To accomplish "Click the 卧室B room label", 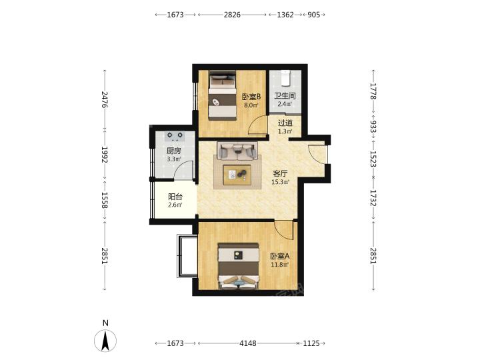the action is [x=251, y=97].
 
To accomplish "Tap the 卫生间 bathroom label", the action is [x=285, y=96].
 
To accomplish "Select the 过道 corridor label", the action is [x=285, y=123].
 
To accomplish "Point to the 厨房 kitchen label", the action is [x=173, y=151].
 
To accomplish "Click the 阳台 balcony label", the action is [x=175, y=197].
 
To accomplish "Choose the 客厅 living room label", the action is [x=280, y=173].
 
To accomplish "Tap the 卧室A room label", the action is [x=280, y=256].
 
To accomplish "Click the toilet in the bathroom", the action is [x=285, y=78].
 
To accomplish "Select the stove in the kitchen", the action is [x=175, y=136].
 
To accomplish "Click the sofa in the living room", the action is [x=237, y=151].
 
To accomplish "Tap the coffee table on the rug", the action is [x=237, y=175].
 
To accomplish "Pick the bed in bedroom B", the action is [x=223, y=96].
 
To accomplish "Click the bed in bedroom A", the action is [x=239, y=266].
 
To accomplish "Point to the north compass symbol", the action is [x=105, y=341].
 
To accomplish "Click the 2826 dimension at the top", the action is [x=232, y=15].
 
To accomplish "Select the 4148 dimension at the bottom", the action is [x=248, y=343].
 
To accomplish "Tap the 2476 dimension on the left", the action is [x=105, y=99].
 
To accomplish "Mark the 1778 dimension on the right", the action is [x=373, y=91].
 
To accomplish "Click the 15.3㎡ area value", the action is [x=280, y=182].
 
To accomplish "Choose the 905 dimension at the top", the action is [x=313, y=15].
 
